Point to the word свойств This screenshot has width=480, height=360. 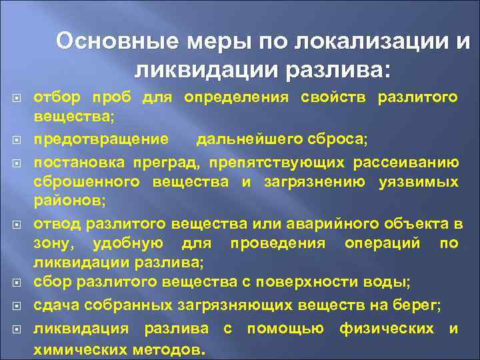(x=333, y=97)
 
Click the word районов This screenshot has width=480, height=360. (x=64, y=201)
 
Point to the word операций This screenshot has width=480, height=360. (x=382, y=243)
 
